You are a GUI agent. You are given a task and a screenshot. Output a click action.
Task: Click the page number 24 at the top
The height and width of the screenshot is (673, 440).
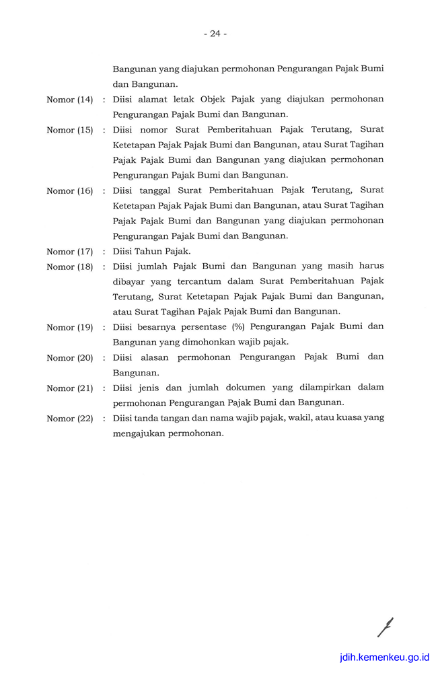[x=215, y=34]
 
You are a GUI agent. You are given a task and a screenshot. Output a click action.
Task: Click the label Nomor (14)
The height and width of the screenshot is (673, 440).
[x=69, y=100]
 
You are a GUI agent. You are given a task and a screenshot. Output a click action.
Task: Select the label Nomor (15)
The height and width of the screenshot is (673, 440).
[x=69, y=130]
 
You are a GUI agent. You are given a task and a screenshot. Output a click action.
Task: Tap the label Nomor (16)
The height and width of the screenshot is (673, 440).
[x=69, y=190]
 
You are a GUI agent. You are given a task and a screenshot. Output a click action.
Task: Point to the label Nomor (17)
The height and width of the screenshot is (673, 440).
[x=69, y=252]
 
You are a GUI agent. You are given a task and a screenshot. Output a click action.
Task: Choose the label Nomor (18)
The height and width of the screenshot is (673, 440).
[x=69, y=267]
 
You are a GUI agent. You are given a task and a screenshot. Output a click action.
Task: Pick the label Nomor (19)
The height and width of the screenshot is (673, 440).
[x=69, y=327]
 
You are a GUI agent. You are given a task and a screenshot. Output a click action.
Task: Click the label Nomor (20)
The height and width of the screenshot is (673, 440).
[x=69, y=357]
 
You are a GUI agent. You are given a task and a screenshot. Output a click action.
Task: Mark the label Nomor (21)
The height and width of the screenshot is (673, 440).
[x=69, y=388]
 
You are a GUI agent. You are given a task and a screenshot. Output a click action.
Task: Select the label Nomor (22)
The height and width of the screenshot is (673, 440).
[x=69, y=419]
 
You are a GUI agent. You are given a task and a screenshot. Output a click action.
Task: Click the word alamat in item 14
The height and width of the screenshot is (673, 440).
[x=150, y=99]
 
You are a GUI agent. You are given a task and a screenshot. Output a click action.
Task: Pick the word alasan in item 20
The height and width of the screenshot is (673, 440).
[x=151, y=357]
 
